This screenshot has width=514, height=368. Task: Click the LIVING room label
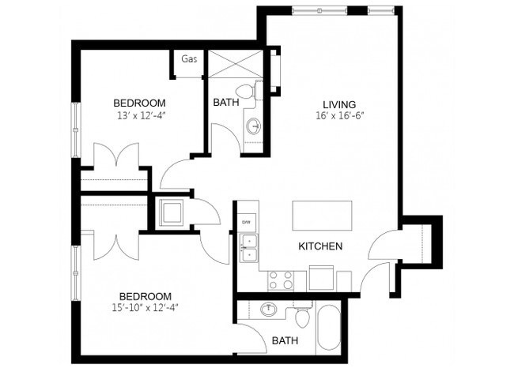coord(339,103)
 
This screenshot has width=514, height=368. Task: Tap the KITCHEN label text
coord(320,246)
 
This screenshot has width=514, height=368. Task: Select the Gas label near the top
coord(189,59)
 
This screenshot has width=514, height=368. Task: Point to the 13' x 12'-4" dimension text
coord(139,116)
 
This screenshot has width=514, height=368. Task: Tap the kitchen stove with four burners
coord(280,280)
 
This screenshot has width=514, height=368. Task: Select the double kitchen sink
coord(248,247)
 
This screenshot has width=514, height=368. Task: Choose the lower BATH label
coord(285,341)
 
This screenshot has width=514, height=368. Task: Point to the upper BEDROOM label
coord(139,103)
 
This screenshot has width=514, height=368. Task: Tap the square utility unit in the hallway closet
coord(172,212)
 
